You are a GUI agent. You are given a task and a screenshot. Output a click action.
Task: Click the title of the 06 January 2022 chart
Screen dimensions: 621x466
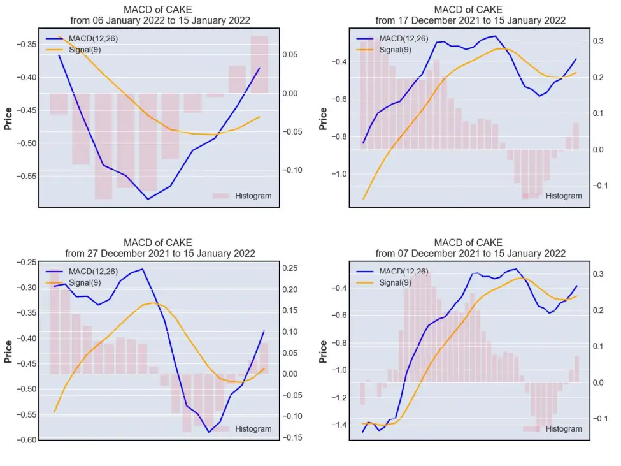coord(160,15)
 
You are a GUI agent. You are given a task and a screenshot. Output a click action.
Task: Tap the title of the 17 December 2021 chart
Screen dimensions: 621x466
coord(471,15)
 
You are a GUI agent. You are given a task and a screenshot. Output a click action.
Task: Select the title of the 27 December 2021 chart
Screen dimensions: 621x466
coord(160,248)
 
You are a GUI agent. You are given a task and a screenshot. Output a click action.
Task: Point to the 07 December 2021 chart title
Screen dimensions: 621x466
coord(471,248)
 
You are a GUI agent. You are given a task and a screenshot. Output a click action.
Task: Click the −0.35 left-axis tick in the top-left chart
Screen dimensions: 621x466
coord(26,44)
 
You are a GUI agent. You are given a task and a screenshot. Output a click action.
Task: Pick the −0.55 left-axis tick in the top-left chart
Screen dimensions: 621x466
coord(26,176)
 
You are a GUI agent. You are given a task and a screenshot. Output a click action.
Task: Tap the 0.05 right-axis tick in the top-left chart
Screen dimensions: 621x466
coord(290,55)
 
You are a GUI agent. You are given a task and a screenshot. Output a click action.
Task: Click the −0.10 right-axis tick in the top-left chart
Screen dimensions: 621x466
coord(292,170)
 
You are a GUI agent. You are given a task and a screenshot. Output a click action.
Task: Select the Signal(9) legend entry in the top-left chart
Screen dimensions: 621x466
coord(73,50)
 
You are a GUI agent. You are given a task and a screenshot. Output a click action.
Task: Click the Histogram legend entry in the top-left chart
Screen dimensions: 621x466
coord(242,196)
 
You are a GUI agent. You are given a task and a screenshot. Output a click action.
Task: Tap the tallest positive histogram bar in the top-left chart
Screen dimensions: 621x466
coord(259,64)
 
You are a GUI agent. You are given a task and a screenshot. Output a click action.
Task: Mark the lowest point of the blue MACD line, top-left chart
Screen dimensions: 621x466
coord(148,199)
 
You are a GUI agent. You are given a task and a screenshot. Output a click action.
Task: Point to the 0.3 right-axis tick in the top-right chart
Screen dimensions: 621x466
coord(598,41)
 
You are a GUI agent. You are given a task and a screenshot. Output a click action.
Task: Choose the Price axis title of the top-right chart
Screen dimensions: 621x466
coord(323,119)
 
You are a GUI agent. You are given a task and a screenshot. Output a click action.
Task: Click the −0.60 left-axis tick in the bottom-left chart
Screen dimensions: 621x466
coord(26,440)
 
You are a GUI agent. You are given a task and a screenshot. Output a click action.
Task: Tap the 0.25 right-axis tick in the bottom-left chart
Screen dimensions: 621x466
coord(290,268)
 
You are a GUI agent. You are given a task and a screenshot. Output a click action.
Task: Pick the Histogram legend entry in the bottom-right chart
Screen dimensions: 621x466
coord(552,429)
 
